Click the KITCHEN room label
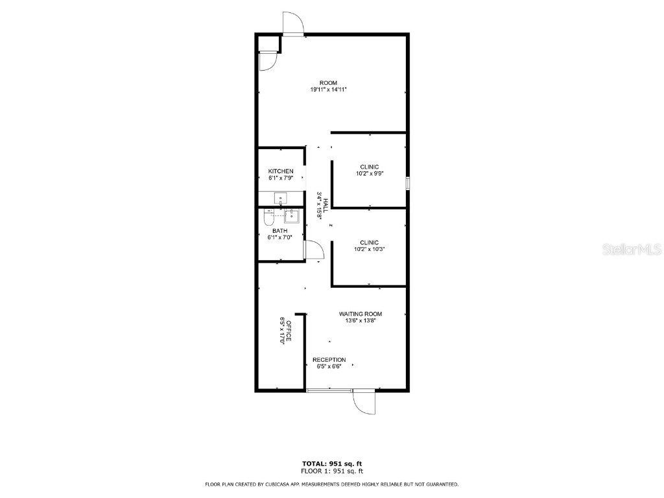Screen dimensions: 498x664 coord(281,171)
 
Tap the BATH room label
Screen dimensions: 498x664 coord(279,231)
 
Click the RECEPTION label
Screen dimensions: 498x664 coord(329,360)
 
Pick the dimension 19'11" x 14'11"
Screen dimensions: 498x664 coord(328,89)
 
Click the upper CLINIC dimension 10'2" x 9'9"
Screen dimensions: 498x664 coord(370,174)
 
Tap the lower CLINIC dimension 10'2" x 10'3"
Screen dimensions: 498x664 coord(370,250)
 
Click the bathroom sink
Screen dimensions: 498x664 coord(291,215)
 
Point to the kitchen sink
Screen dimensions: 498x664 coord(281,198)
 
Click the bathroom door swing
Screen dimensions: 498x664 coord(312,250)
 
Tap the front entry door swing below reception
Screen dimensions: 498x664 coord(364,401)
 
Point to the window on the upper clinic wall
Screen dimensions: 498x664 coord(408,183)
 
